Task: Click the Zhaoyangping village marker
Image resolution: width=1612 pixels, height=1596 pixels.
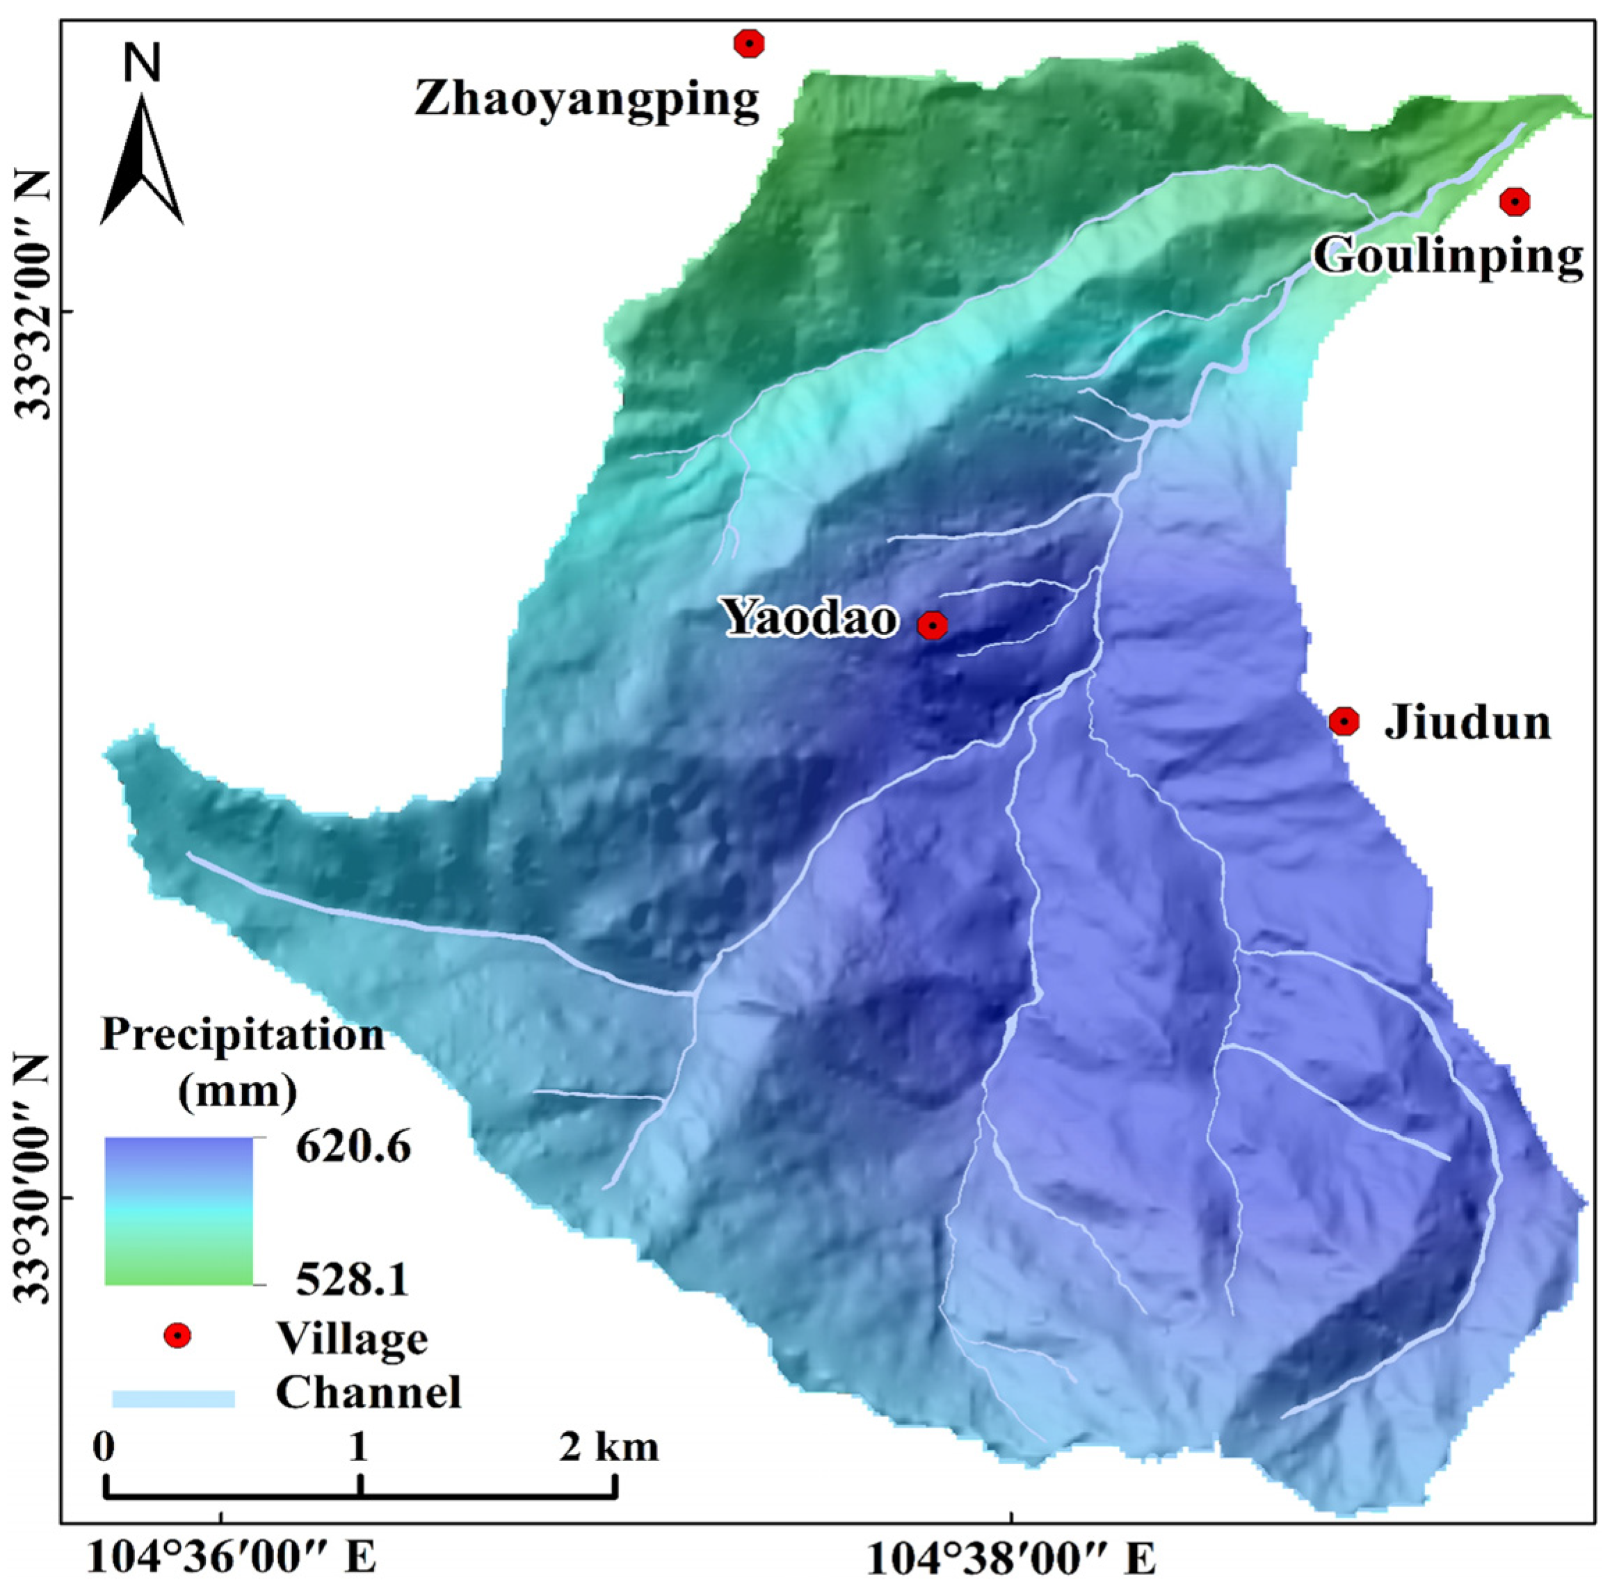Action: (x=749, y=43)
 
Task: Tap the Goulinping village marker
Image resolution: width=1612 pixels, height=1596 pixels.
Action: (x=1513, y=201)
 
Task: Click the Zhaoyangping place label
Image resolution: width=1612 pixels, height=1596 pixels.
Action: (x=586, y=99)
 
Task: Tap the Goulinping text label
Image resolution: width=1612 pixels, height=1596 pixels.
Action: (x=1449, y=255)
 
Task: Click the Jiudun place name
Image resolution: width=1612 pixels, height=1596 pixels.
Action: (x=1467, y=723)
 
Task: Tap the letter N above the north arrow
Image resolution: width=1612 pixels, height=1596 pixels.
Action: (x=142, y=64)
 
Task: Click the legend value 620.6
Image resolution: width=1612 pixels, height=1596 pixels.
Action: (x=354, y=1149)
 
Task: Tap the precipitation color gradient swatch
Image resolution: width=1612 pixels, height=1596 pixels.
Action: (x=179, y=1211)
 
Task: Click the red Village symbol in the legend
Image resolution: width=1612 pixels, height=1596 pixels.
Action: (x=177, y=1336)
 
